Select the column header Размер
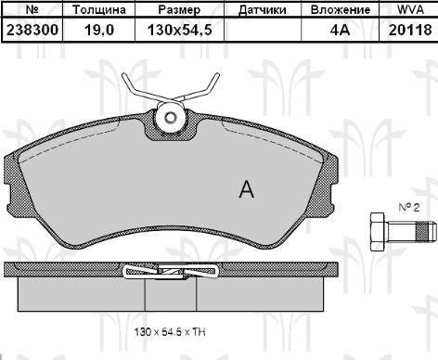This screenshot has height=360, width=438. coord(178,10)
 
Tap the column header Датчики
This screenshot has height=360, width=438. coord(262,10)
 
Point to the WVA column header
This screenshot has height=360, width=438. coord(410,10)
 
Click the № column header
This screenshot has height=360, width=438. coord(32,10)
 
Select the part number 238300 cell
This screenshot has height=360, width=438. coord(32,29)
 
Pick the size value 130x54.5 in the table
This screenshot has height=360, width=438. coord(178,29)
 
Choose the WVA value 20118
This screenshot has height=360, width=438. coord(410,29)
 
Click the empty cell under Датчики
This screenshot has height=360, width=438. coord(262,29)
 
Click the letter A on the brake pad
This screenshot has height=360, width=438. coord(246,190)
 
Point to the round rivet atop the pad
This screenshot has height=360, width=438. coord(171,117)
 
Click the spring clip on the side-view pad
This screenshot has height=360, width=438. coord(171,271)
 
